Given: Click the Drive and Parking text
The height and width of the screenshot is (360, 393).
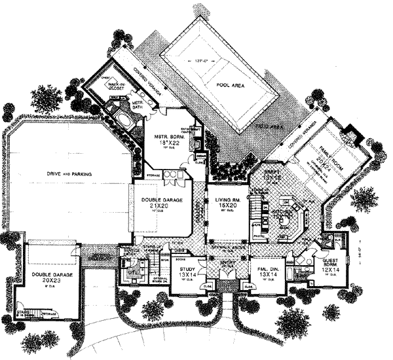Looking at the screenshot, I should (x=68, y=173).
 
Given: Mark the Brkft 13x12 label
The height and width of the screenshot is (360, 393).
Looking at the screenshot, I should (x=271, y=173).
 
